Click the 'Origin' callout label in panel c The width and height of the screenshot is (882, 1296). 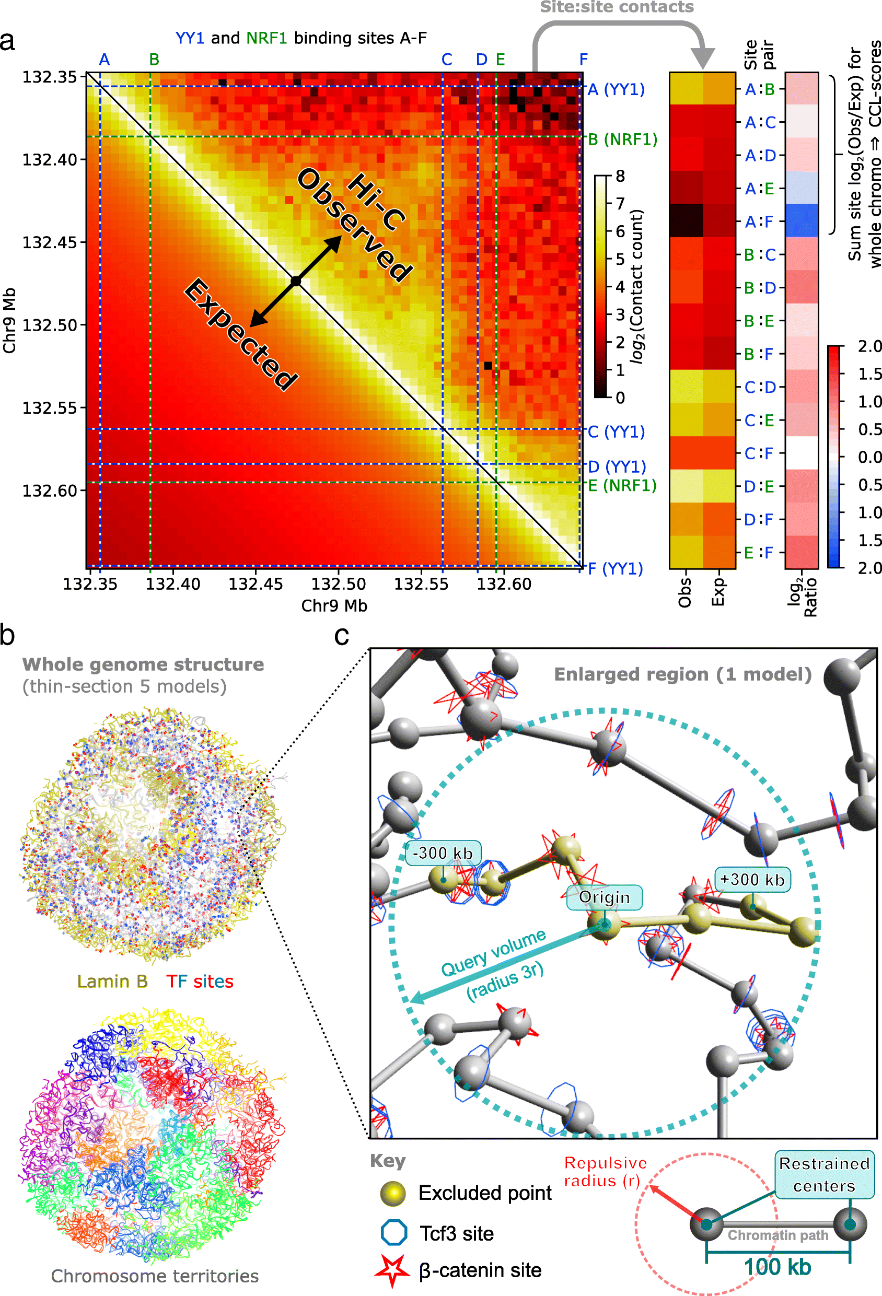tap(604, 897)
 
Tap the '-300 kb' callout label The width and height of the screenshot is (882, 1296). tap(443, 853)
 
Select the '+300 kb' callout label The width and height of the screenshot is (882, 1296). tap(752, 880)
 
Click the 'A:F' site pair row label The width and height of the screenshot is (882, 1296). tap(759, 222)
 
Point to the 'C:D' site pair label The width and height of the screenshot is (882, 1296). tap(759, 387)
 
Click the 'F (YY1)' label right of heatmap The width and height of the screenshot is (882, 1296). tap(616, 569)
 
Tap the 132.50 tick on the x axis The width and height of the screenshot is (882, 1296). tap(338, 584)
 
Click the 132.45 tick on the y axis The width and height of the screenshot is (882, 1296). tap(49, 242)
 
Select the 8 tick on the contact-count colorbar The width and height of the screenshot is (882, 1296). tap(620, 176)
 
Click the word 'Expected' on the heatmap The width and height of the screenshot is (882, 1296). tap(240, 335)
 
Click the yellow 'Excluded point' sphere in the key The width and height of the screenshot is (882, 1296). tap(393, 1193)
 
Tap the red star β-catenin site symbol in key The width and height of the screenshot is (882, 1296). tap(393, 1270)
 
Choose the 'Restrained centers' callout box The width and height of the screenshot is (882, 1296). tap(824, 1174)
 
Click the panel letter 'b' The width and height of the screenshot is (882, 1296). tap(8, 636)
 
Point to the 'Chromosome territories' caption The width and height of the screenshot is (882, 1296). tap(155, 1277)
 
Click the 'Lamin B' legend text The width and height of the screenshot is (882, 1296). tap(112, 982)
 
